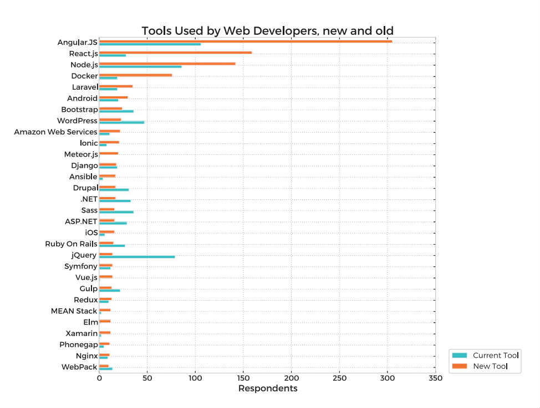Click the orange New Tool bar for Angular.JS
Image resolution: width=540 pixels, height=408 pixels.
246,42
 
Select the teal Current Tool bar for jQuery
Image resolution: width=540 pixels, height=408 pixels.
137,257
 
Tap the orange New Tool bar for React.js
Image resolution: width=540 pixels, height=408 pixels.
175,53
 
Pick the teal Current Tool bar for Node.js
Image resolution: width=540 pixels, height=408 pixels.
140,66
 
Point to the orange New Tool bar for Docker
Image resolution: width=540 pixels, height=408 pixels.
135,75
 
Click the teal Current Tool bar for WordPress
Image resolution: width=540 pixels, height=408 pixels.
121,122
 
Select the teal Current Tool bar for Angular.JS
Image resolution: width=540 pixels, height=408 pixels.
150,44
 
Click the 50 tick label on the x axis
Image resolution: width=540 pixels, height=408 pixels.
147,378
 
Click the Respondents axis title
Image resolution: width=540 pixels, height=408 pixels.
268,389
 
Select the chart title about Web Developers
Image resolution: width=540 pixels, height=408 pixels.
268,30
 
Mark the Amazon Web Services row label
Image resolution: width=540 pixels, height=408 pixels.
55,132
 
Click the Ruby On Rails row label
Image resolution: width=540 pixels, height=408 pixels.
71,244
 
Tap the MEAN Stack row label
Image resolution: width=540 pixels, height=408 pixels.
74,311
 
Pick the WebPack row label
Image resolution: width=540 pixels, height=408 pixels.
79,367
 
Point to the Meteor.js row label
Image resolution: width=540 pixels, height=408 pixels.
81,154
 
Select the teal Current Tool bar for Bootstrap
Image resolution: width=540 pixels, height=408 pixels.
116,111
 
